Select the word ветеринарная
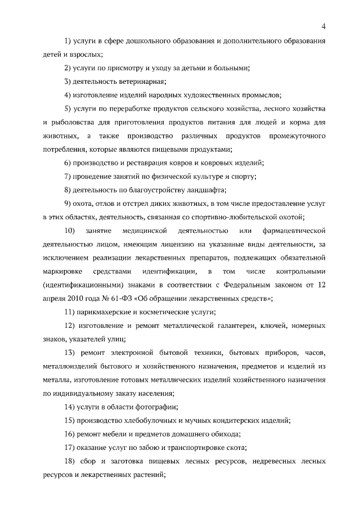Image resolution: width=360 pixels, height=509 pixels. tap(124, 81)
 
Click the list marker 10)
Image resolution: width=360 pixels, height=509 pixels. tap(70, 231)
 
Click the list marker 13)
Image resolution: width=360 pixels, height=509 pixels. tap(70, 353)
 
